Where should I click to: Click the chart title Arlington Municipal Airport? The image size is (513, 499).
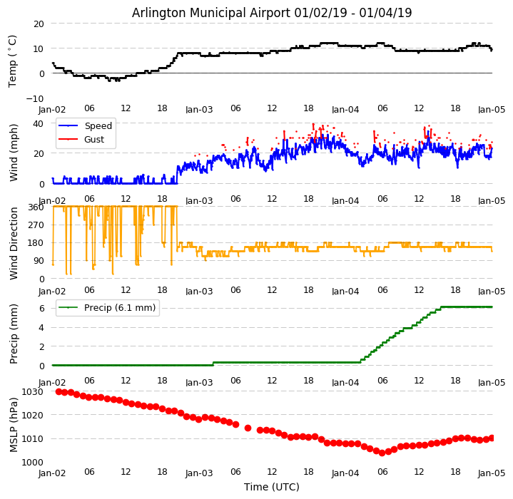[272, 13]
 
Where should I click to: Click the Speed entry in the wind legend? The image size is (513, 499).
[98, 126]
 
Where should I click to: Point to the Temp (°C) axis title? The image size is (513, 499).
[13, 61]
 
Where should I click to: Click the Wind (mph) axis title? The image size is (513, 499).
[14, 152]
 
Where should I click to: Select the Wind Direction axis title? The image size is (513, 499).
[14, 242]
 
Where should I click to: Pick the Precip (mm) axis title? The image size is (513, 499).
[14, 334]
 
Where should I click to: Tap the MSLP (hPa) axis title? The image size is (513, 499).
[14, 426]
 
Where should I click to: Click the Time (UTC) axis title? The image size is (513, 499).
[272, 487]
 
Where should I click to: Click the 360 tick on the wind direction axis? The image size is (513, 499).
[36, 207]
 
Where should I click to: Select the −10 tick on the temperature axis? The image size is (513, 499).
[36, 98]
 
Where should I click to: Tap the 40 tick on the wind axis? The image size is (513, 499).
[39, 123]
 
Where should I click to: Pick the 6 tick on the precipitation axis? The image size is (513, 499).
[41, 309]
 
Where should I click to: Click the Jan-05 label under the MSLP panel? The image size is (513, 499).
[492, 473]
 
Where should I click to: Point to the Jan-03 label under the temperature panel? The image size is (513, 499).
[199, 110]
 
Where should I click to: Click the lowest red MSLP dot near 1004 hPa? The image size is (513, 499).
[382, 453]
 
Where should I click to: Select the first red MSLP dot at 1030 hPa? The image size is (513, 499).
[59, 391]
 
